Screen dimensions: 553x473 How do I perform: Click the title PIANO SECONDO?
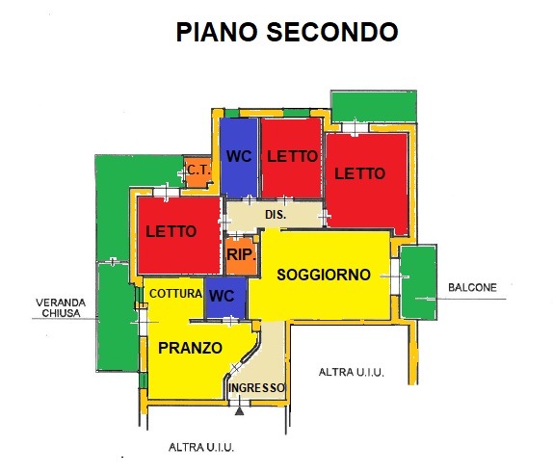[x=287, y=32]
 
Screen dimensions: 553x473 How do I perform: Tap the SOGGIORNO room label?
[x=324, y=275]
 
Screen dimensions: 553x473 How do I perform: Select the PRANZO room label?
[x=190, y=348]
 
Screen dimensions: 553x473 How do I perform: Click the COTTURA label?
[x=175, y=294]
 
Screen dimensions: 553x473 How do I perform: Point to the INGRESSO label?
[x=256, y=388]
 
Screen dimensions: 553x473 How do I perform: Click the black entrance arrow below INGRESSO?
[x=240, y=411]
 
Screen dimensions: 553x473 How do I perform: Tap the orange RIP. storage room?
[x=241, y=255]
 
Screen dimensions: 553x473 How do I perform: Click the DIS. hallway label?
[x=276, y=215]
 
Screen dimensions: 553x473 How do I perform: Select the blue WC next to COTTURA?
[x=225, y=298]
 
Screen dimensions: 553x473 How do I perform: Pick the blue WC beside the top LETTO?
[x=239, y=157]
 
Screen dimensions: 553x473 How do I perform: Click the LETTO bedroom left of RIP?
[x=179, y=235]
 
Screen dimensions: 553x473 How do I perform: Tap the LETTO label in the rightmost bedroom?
[x=359, y=173]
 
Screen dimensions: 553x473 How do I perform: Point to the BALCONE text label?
[x=472, y=287]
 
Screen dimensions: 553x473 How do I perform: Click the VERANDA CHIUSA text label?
[x=61, y=307]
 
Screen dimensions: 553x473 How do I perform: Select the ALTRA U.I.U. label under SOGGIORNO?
[x=351, y=372]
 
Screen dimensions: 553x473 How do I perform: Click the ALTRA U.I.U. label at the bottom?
[x=201, y=447]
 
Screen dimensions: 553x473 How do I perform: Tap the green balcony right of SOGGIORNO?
[x=419, y=282]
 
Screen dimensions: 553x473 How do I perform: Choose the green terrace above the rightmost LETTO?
[x=374, y=107]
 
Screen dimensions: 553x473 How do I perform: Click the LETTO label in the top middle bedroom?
[x=292, y=156]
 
